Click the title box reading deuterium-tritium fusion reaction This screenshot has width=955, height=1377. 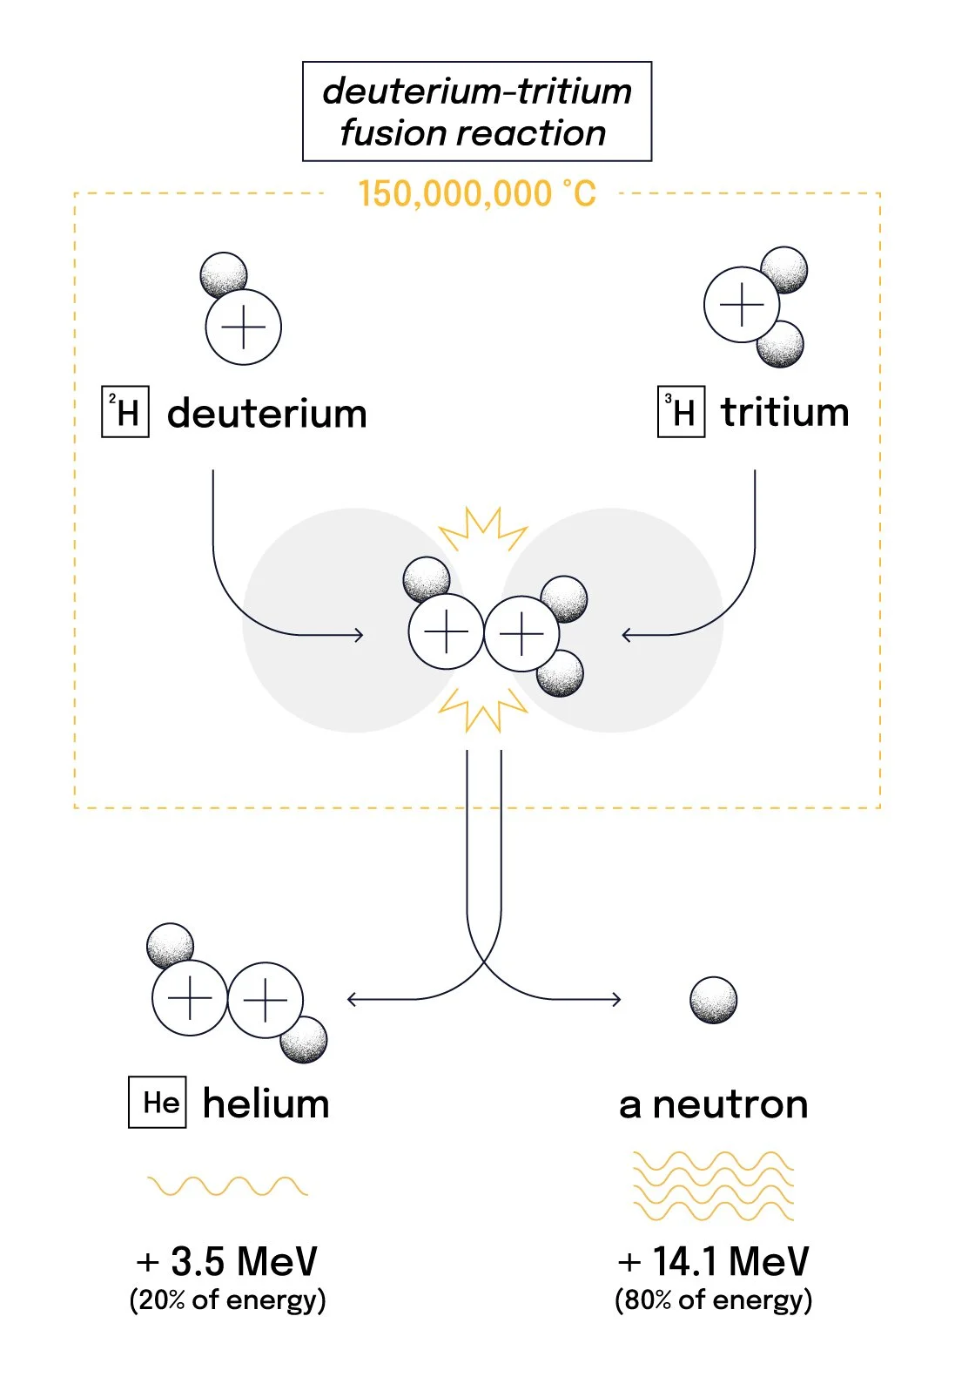(476, 111)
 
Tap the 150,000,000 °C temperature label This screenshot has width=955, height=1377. (476, 194)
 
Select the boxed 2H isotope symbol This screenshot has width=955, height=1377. (125, 412)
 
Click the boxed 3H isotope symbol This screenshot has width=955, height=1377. (681, 412)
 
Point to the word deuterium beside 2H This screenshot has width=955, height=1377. (266, 414)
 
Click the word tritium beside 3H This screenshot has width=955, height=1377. (784, 412)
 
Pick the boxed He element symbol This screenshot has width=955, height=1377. (158, 1103)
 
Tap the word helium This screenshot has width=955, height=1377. (266, 1104)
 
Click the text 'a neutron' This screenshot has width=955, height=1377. (713, 1104)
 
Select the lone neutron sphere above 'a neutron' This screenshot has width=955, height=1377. (713, 1000)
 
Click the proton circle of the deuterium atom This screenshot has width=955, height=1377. (244, 327)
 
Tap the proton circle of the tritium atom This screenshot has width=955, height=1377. (741, 305)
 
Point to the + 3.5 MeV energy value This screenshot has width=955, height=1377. (227, 1261)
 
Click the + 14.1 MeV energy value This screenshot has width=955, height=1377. (713, 1261)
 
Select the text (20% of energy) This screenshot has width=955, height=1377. (227, 1300)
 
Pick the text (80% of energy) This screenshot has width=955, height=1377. (713, 1300)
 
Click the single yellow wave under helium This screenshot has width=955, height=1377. (227, 1186)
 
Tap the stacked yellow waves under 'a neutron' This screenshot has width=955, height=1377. (713, 1186)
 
